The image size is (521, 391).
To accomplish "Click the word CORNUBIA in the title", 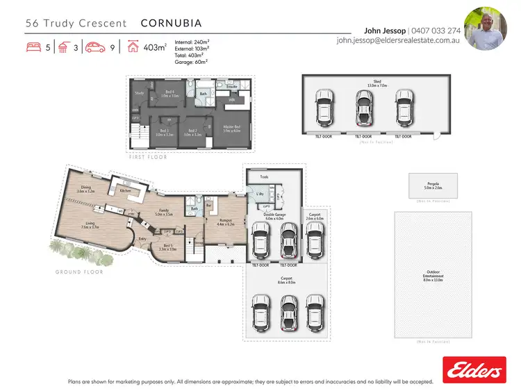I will (171, 23).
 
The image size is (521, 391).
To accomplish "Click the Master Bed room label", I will (231, 128).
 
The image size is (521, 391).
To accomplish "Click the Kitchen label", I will (126, 190).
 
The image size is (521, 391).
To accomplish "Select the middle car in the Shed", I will (362, 107).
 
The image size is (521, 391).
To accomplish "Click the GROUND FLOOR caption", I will (79, 272).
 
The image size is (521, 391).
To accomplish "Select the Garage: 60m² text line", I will (191, 62).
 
